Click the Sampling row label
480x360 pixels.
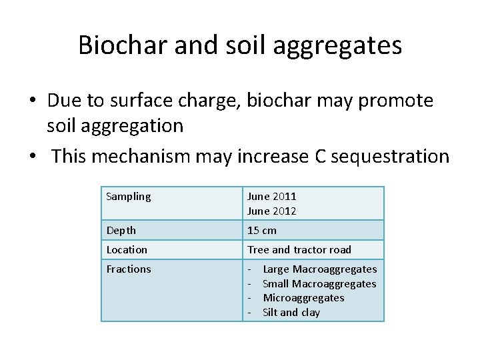129,197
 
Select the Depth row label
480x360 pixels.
121,230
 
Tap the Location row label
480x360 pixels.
127,249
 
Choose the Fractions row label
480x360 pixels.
129,269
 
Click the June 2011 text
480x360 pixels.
271,197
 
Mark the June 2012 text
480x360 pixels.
271,211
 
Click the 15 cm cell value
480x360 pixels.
261,230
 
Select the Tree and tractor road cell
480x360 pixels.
299,249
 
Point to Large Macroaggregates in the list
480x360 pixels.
319,269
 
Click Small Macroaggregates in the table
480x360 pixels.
319,283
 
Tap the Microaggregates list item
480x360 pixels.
303,297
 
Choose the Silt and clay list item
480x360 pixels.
291,312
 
